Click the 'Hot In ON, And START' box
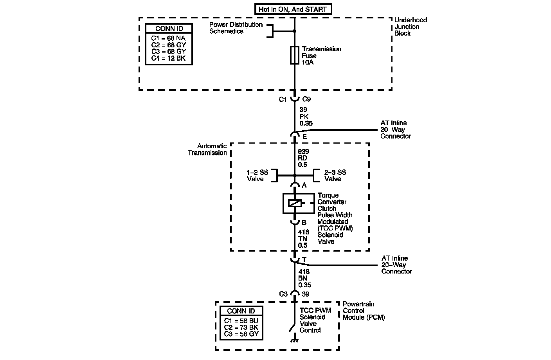[293, 9]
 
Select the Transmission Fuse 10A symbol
[295, 56]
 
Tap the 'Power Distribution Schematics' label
[236, 28]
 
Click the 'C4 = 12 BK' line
[168, 58]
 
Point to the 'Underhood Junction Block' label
[411, 27]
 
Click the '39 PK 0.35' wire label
[306, 117]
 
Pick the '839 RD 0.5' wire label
[303, 158]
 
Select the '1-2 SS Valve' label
[257, 176]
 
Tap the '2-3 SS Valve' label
[335, 176]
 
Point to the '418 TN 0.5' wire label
[303, 239]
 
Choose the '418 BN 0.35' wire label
[304, 278]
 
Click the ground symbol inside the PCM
[294, 340]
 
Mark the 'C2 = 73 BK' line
[241, 327]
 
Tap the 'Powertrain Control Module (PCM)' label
[364, 311]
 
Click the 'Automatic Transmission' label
[207, 149]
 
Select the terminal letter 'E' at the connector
[304, 137]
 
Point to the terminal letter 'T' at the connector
[304, 259]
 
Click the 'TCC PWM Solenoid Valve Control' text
[315, 320]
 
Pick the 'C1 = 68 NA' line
[168, 38]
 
